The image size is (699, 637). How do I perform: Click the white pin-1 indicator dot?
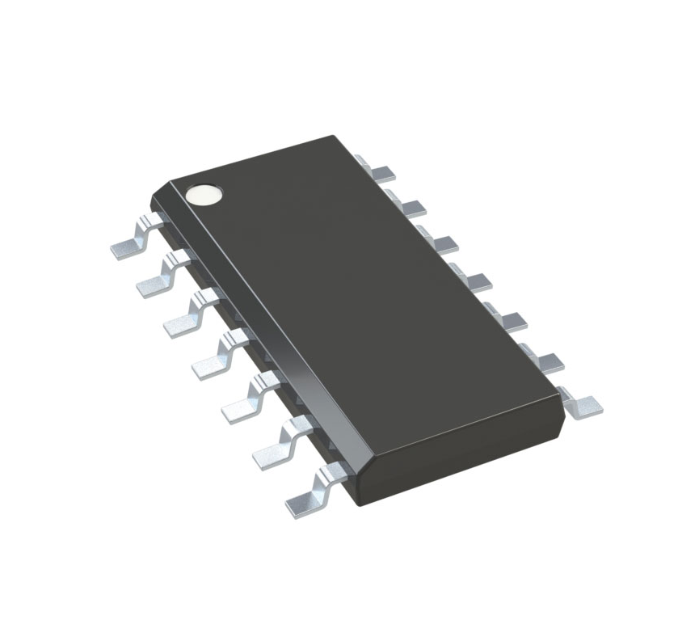[x=203, y=194]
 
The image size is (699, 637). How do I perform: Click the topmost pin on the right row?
[x=381, y=171]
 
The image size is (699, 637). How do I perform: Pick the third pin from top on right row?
[x=441, y=243]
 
